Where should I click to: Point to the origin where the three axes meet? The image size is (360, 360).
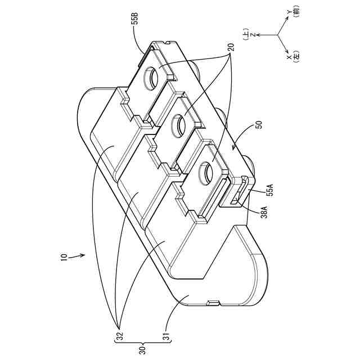pyautogui.click(x=278, y=35)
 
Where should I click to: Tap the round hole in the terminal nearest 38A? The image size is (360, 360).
pyautogui.click(x=205, y=168)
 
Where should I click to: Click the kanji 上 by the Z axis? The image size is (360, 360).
pyautogui.click(x=246, y=35)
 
